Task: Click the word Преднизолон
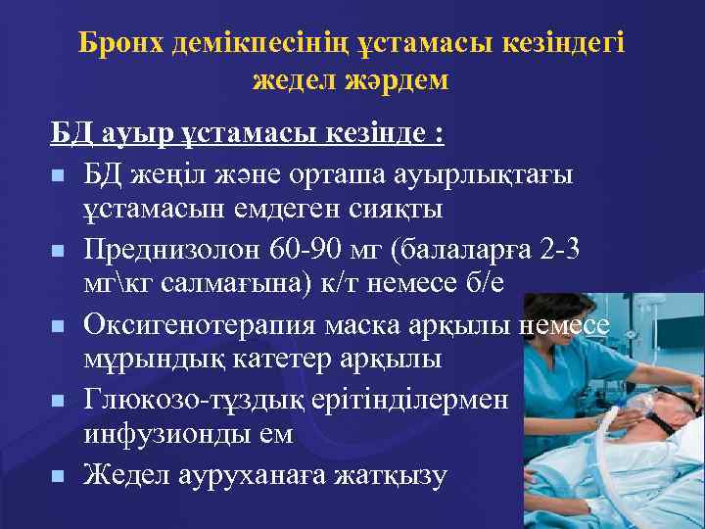(171, 249)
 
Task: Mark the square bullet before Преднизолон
(58, 251)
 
